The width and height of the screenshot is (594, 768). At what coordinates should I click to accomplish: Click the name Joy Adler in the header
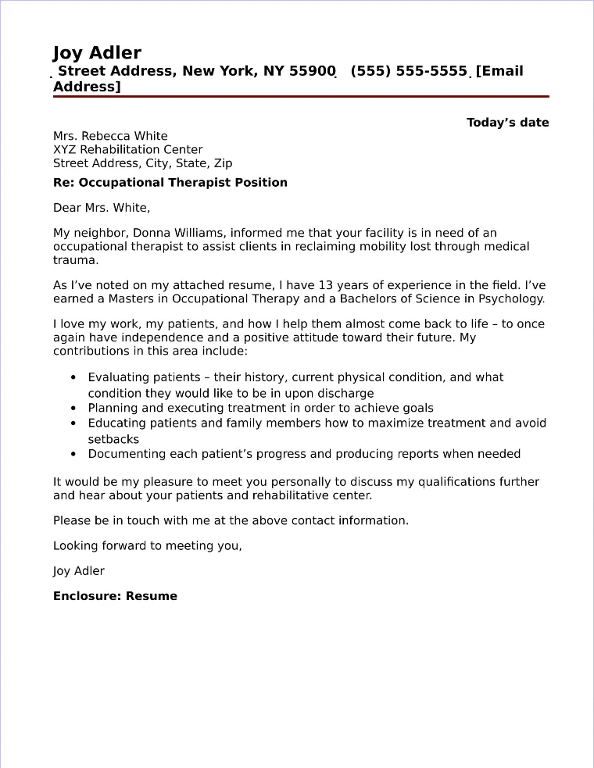pos(97,53)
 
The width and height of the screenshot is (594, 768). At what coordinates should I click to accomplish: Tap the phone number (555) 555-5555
pos(409,72)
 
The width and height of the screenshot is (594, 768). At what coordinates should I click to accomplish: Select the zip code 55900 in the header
pos(313,72)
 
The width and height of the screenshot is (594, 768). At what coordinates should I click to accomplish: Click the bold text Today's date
pos(507,123)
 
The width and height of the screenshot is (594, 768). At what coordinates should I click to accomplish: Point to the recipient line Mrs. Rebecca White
pos(110,136)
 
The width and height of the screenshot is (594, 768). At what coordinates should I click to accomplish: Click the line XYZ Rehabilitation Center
pos(127,150)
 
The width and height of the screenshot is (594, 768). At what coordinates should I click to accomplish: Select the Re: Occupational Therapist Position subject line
pos(170,183)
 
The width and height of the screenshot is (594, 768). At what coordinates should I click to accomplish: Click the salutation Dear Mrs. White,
pos(101,209)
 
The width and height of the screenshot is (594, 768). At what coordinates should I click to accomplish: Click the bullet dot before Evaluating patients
pos(73,378)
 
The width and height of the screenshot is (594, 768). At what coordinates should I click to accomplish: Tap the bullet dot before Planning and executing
pos(73,409)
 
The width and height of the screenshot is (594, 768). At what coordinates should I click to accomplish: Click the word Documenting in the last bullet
pos(124,454)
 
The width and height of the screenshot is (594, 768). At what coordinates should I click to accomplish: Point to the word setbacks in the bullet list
pos(113,439)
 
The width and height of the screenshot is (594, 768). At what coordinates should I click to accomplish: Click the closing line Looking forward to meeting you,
pos(148,546)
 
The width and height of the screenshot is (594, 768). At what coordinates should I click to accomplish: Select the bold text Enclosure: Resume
pos(115,596)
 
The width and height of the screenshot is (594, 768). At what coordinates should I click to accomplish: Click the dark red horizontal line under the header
pos(301,97)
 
